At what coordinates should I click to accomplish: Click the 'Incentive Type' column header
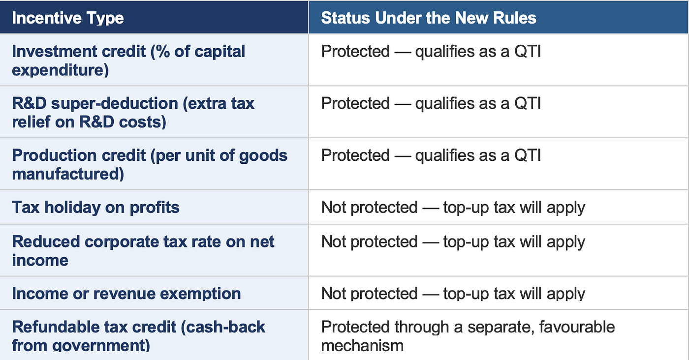click(68, 18)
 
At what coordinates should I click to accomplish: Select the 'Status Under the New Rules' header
click(429, 18)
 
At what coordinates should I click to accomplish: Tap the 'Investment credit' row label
click(128, 60)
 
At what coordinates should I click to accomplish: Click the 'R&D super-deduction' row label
click(133, 113)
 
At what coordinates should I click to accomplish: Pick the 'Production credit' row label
click(150, 164)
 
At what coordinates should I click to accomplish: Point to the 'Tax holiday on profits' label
click(95, 207)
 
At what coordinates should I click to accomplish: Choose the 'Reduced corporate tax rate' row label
click(143, 250)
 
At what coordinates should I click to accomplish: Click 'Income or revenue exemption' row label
click(126, 293)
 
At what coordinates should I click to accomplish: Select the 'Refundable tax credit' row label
click(138, 336)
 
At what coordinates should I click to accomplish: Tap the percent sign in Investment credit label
click(163, 51)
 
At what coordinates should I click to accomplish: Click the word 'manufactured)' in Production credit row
click(68, 174)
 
